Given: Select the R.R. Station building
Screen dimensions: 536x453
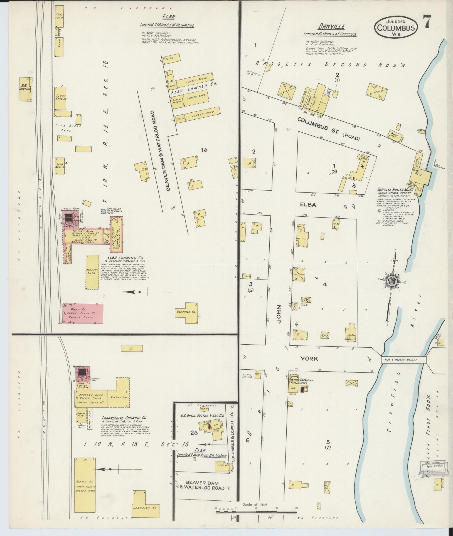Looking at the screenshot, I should pos(25,89).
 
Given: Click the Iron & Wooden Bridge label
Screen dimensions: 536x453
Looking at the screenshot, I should pos(403,360).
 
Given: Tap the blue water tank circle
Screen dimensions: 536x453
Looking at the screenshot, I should pos(104,211).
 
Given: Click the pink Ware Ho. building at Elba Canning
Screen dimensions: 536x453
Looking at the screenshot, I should pos(83,313).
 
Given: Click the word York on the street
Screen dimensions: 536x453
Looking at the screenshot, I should pos(309,359).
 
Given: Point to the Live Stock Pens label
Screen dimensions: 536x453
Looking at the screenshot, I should pos(68,128).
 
